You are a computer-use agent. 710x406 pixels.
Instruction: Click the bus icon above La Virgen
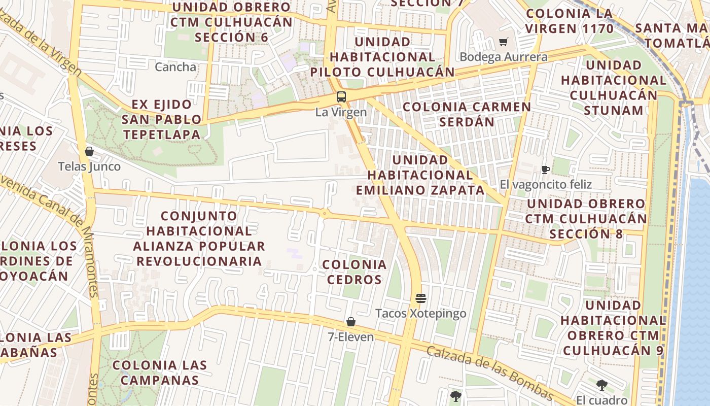click(341, 96)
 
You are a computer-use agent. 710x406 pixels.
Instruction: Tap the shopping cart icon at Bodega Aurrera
click(504, 42)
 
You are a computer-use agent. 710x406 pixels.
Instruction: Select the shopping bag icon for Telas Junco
click(89, 151)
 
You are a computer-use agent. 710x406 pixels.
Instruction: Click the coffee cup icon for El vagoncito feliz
click(546, 170)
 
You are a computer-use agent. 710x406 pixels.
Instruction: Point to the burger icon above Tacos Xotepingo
click(420, 298)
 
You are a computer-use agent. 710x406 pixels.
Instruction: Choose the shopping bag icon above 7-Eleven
click(350, 322)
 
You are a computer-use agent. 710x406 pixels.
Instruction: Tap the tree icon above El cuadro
click(601, 385)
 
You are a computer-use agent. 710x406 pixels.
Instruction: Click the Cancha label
click(175, 67)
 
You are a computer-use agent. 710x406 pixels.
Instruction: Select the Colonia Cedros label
click(354, 272)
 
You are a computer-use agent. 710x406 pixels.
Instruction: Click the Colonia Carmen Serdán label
click(467, 114)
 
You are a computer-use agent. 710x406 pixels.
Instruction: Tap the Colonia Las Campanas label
click(160, 373)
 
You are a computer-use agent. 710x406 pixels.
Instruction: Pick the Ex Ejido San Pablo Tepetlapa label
click(161, 119)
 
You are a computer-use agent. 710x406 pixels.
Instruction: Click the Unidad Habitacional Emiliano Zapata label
click(420, 175)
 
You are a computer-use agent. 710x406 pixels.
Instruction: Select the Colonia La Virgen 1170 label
click(569, 21)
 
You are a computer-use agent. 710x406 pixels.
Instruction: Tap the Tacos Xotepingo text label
click(420, 314)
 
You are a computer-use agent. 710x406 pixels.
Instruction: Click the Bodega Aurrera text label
click(504, 57)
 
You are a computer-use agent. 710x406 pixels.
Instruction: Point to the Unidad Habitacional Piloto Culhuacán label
click(383, 57)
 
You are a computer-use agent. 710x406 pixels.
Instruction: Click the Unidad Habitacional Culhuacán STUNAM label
click(614, 88)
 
